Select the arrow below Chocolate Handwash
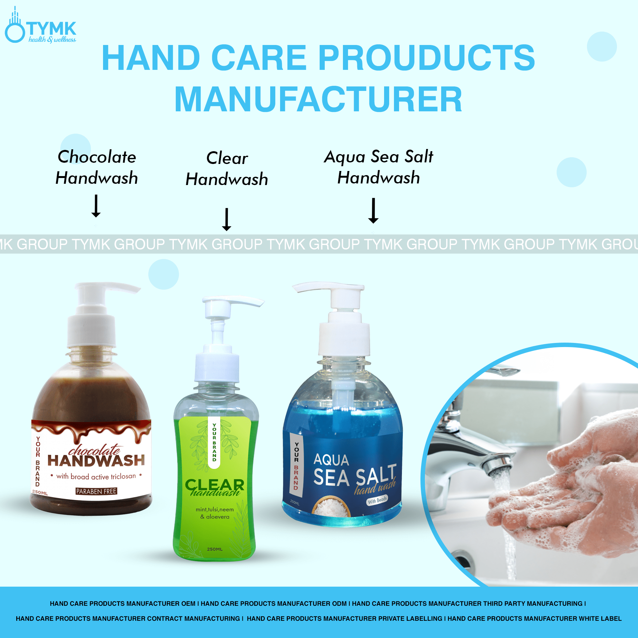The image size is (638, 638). [x=96, y=206]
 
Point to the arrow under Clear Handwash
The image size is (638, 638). [x=226, y=219]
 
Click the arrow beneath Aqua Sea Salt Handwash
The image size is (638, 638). [x=373, y=211]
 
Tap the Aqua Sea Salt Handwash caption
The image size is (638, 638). [x=378, y=167]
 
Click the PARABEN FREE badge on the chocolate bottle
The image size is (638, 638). [x=96, y=491]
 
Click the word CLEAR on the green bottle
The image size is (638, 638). [x=215, y=485]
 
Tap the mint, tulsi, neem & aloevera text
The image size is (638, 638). [x=215, y=513]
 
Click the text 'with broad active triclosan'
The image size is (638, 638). [x=96, y=476]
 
